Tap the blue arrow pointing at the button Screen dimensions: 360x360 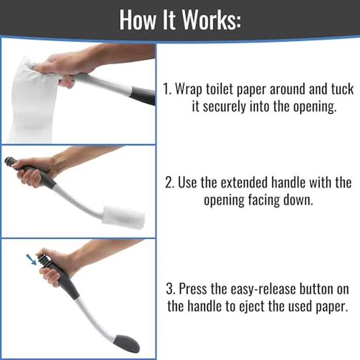pyautogui.click(x=33, y=259)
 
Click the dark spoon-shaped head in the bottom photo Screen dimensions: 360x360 pyautogui.click(x=127, y=343)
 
